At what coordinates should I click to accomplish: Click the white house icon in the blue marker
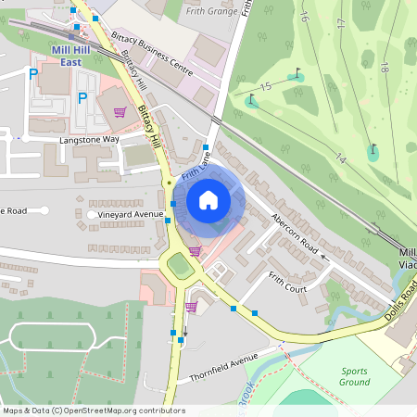tap(208, 200)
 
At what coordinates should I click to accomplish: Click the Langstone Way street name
tap(90, 139)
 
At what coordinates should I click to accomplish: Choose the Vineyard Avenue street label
tap(131, 214)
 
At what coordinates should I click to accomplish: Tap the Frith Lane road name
tap(197, 166)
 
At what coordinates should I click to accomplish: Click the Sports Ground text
tap(354, 375)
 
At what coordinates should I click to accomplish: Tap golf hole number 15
tap(267, 86)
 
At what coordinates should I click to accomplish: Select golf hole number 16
tap(304, 17)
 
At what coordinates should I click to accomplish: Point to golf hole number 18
tap(384, 67)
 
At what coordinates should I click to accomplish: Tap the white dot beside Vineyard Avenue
tap(92, 214)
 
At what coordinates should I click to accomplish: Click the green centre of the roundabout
tap(181, 267)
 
